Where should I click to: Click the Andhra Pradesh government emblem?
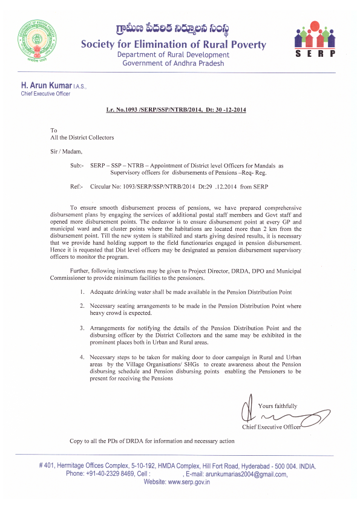(36, 40)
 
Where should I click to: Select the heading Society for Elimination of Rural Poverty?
(173, 45)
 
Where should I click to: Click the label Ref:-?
(78, 187)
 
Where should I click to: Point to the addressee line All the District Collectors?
(82, 137)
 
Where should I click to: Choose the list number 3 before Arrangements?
(82, 327)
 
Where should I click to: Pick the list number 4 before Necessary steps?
(82, 357)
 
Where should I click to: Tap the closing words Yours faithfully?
(277, 406)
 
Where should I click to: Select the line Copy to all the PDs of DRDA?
(152, 441)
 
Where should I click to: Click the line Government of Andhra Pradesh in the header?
(173, 63)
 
